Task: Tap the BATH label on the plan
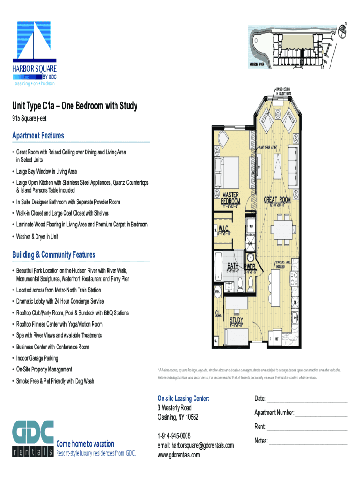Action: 233,265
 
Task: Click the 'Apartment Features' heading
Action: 38,136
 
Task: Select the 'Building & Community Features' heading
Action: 54,255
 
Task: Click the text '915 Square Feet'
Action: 29,119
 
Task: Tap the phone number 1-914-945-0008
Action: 174,436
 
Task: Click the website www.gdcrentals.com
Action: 179,455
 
